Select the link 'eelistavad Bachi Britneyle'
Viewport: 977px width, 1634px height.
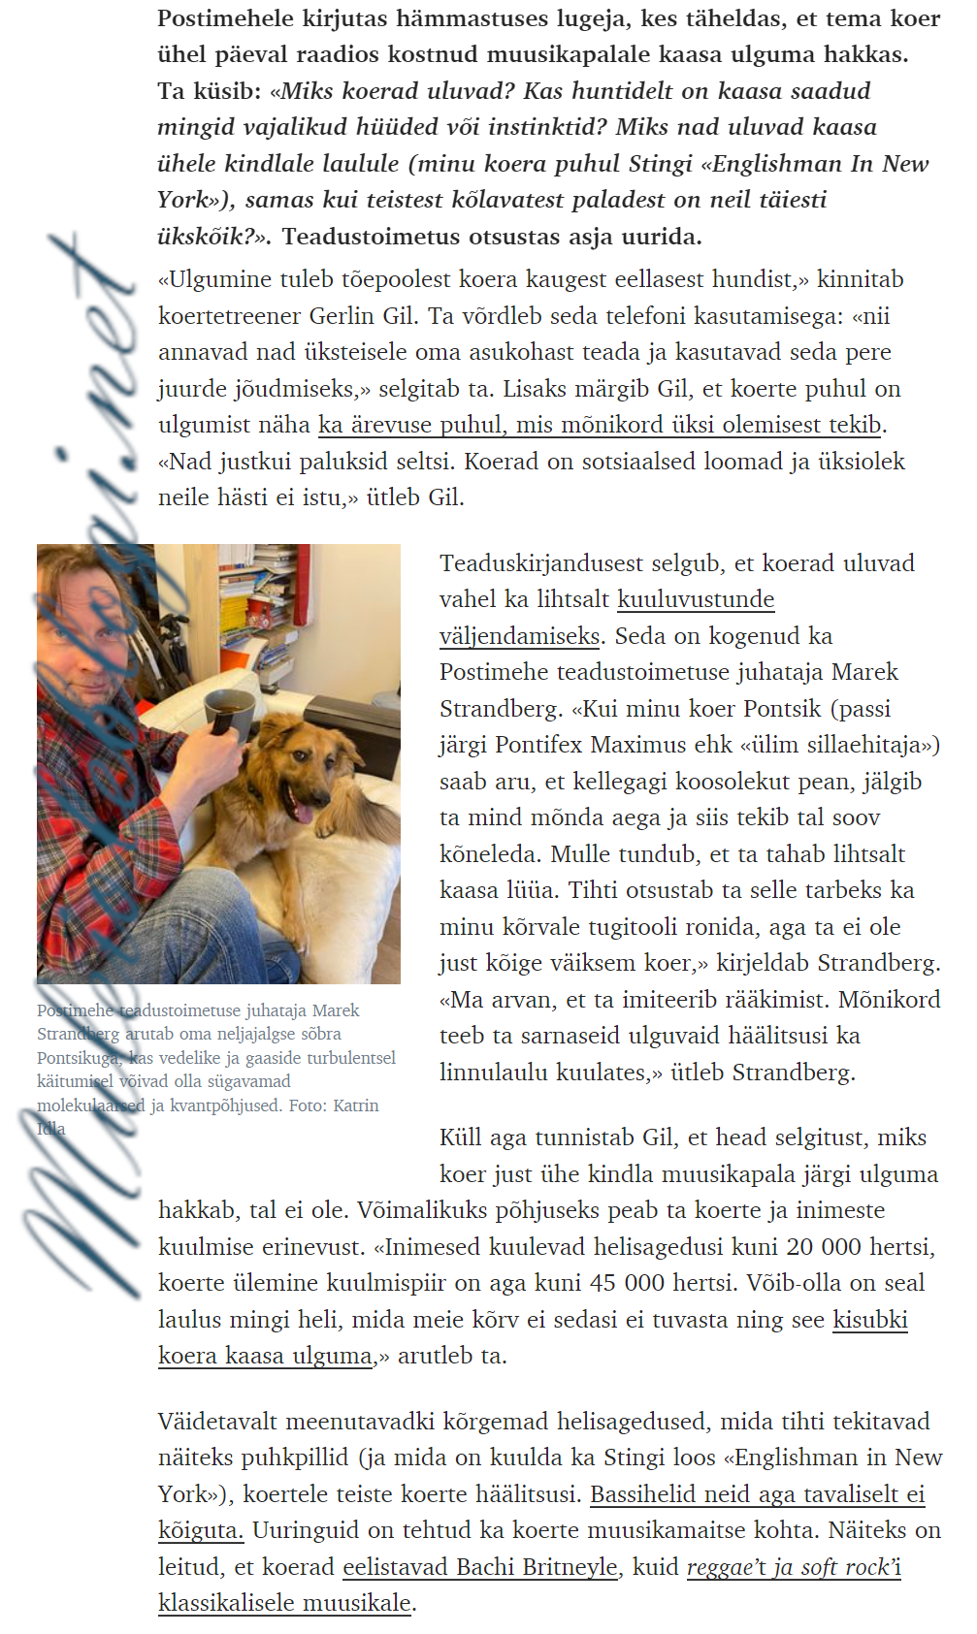480,1567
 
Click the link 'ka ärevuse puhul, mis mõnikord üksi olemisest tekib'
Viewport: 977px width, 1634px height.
601,425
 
